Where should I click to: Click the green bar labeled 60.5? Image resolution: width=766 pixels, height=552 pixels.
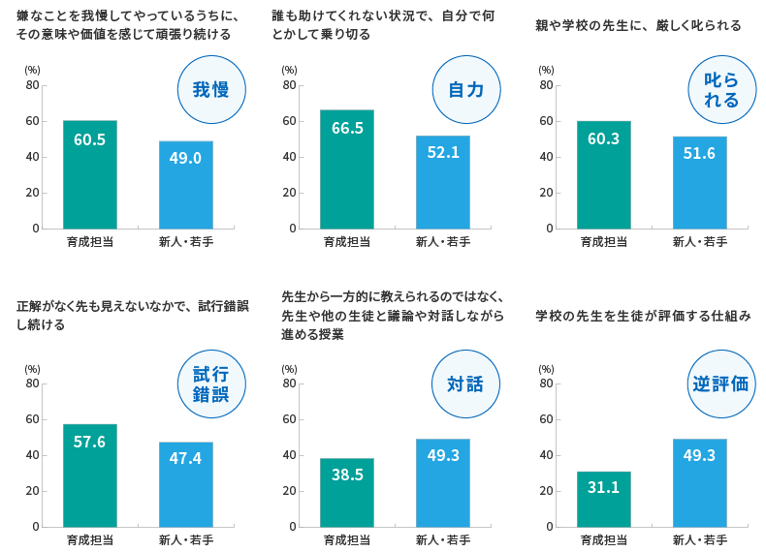coord(90,174)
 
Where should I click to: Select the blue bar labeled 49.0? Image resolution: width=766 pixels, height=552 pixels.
coord(185,185)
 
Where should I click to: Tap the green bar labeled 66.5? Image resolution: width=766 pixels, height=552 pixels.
coord(347,169)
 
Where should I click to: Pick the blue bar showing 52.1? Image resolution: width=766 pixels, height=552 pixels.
coord(442,182)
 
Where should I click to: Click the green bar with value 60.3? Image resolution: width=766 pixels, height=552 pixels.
coord(604,174)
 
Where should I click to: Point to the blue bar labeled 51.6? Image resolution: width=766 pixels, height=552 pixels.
coord(699,182)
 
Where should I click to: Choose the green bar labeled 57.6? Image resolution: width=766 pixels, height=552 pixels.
coord(90,475)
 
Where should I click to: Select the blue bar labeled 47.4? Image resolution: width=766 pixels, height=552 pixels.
coord(185,484)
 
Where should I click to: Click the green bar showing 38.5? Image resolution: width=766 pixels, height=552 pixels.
coord(347,493)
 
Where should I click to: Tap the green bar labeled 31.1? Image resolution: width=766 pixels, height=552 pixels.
coord(604,500)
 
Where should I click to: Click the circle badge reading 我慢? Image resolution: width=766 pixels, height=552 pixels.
coord(211,90)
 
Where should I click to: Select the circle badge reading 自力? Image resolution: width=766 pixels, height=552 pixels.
coord(466,90)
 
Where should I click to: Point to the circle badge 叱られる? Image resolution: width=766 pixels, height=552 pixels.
coord(721,90)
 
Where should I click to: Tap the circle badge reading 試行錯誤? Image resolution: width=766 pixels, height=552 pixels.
coord(211,384)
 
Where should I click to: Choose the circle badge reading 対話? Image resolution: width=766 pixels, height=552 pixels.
coord(465,384)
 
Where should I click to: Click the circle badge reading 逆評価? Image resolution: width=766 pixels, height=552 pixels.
coord(721,384)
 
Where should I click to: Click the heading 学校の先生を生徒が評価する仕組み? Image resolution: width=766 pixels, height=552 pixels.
coord(643,316)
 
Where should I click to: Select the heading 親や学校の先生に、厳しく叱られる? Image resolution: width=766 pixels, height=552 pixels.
coord(639,25)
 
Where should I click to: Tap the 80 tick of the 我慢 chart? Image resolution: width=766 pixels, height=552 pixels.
coord(33,85)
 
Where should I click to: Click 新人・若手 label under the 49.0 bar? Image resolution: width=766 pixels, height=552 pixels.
coord(185,241)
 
